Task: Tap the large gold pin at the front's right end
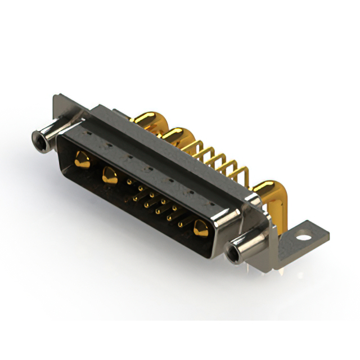coord(200,228)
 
